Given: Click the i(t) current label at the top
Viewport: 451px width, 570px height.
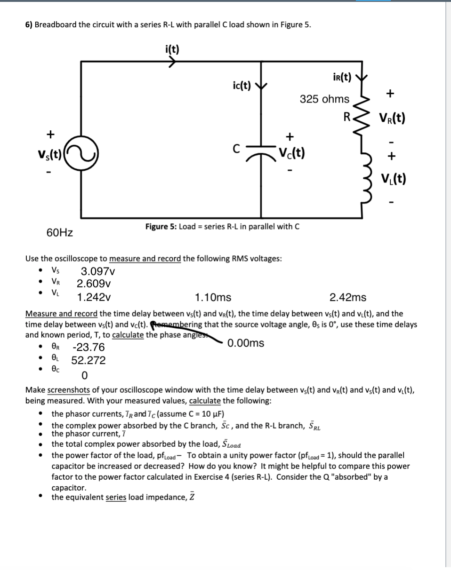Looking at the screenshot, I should pos(172,48).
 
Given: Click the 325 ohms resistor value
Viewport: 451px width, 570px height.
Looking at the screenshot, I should pos(325,99).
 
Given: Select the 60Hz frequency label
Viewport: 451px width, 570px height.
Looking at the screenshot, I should pos(60,232).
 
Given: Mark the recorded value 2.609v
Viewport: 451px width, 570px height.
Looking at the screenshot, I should pos(94,284).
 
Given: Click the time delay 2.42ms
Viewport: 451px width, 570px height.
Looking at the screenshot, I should pos(348,297).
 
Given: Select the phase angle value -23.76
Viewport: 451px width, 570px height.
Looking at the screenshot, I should pos(89,348).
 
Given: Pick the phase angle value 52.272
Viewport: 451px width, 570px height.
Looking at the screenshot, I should pos(89,361).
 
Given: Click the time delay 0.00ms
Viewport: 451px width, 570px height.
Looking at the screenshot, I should pos(246,343).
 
